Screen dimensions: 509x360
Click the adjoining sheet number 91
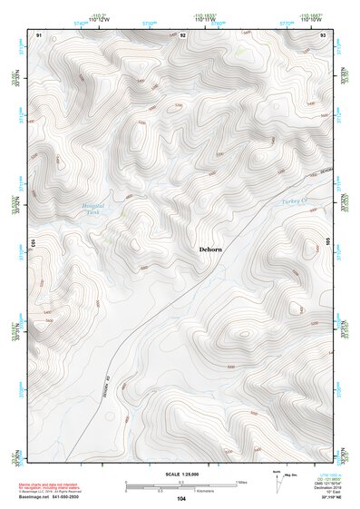click(x=40, y=34)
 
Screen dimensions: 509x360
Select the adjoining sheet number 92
click(x=182, y=34)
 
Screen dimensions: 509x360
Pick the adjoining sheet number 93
click(x=324, y=34)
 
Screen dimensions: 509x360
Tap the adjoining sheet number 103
click(x=31, y=243)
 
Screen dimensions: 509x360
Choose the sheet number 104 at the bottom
click(x=181, y=499)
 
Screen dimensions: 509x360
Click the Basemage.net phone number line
click(x=54, y=498)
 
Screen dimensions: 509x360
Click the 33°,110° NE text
click(x=324, y=500)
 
